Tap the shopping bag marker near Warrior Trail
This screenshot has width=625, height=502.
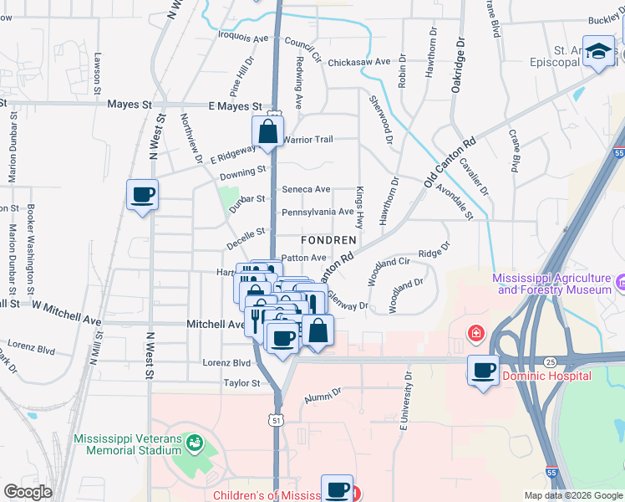[267, 132]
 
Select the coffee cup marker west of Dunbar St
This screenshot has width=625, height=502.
[142, 196]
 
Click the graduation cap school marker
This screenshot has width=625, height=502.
[598, 53]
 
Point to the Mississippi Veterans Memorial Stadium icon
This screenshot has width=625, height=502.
[195, 441]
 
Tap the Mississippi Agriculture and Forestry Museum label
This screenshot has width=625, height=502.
[553, 284]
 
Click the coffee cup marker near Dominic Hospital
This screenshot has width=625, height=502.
[483, 370]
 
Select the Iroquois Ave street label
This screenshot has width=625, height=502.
[242, 38]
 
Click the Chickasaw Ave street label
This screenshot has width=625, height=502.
[359, 62]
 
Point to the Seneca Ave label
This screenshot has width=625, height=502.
[306, 190]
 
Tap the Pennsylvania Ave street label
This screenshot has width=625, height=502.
[318, 212]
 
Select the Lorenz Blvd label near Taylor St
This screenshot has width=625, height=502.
[226, 363]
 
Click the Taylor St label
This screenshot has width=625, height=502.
[241, 383]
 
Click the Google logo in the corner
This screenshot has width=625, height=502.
[27, 492]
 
